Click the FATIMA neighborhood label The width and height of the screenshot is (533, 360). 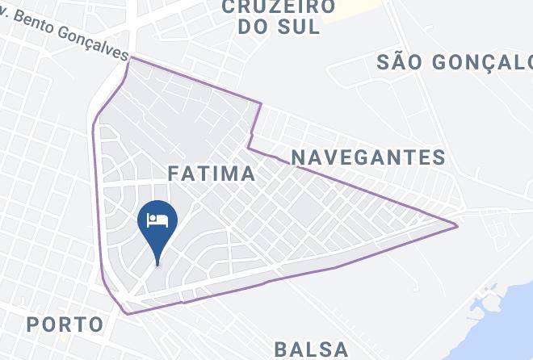pyautogui.click(x=212, y=174)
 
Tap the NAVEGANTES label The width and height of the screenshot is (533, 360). pyautogui.click(x=368, y=157)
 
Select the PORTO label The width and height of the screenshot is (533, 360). pyautogui.click(x=65, y=324)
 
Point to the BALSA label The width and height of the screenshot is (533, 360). pyautogui.click(x=311, y=350)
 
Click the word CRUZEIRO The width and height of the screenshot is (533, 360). pyautogui.click(x=279, y=6)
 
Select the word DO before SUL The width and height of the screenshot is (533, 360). pyautogui.click(x=254, y=26)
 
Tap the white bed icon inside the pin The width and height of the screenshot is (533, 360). pyautogui.click(x=157, y=218)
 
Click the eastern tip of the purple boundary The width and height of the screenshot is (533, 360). pyautogui.click(x=457, y=225)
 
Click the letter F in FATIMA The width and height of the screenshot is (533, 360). pyautogui.click(x=173, y=174)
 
